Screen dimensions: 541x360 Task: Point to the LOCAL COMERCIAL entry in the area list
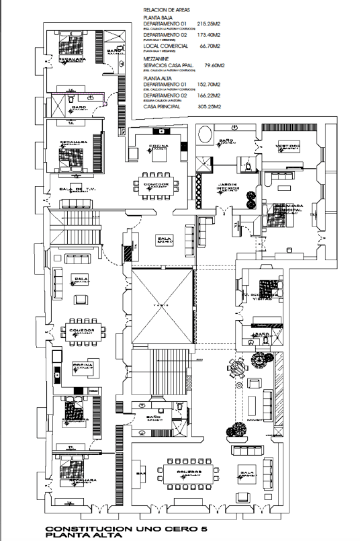[x=165, y=47]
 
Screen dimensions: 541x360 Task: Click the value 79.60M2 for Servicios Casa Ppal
[x=213, y=66]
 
